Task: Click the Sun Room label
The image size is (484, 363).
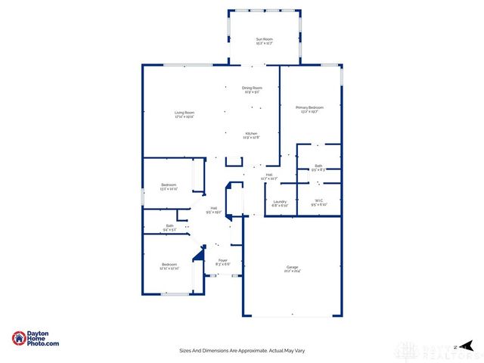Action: click(x=264, y=39)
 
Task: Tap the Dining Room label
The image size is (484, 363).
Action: click(x=251, y=87)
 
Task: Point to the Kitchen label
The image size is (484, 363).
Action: click(x=251, y=133)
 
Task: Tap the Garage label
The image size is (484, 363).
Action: click(x=292, y=266)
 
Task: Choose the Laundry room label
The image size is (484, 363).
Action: click(x=279, y=201)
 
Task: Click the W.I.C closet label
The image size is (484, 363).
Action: click(x=318, y=201)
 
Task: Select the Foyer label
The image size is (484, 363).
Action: click(x=222, y=260)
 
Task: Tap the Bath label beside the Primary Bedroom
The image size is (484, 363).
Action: click(x=318, y=166)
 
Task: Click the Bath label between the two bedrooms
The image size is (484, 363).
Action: click(x=169, y=225)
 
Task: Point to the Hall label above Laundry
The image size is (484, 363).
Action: click(x=268, y=175)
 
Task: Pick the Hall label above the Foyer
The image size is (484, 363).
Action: click(x=214, y=208)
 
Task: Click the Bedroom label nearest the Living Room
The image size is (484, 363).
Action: click(x=169, y=185)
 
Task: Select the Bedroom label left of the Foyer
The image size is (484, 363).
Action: click(x=169, y=265)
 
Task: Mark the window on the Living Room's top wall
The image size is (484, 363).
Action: click(x=185, y=65)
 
